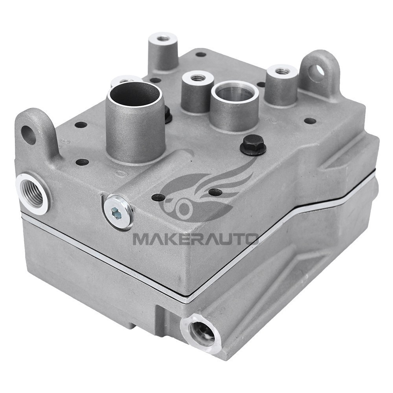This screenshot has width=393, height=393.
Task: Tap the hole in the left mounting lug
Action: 29,134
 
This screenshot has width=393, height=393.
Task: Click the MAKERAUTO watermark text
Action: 195,239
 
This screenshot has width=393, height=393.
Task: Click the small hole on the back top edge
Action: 200,54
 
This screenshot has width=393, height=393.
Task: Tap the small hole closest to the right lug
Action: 310,121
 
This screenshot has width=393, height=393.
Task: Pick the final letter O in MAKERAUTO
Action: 251,239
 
